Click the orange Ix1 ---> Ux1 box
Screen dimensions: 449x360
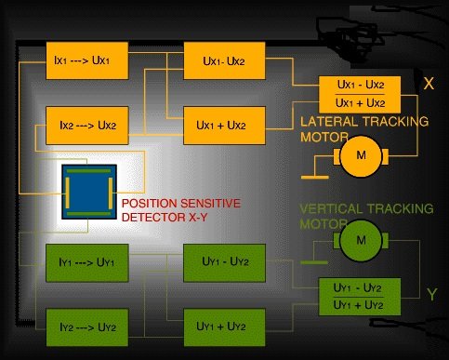(87, 60)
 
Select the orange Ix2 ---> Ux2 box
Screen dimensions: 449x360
(87, 126)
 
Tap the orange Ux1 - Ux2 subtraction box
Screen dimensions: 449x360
(224, 60)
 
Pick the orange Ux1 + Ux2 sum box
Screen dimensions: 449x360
(224, 126)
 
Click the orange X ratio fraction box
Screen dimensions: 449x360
(360, 94)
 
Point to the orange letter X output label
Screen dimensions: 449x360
(429, 84)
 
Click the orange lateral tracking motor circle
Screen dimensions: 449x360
(361, 156)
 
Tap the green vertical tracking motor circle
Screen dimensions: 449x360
(361, 240)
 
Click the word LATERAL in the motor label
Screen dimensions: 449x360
(328, 122)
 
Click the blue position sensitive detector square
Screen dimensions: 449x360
(89, 192)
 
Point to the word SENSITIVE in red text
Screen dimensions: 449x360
(210, 204)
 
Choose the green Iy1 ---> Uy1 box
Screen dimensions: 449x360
(87, 263)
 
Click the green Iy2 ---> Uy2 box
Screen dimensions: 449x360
(87, 327)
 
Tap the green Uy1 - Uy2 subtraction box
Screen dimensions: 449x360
(224, 263)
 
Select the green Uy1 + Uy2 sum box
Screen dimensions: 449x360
(224, 327)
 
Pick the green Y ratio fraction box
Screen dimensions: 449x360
(360, 297)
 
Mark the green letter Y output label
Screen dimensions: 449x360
(431, 294)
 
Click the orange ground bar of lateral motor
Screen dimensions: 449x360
(315, 178)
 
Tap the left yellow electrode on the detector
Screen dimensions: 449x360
(67, 193)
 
